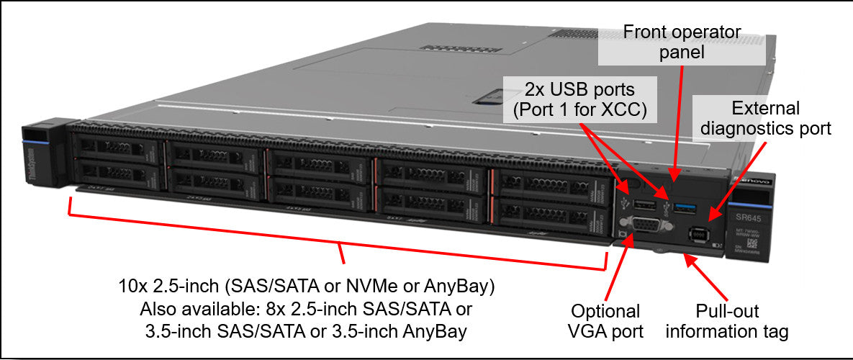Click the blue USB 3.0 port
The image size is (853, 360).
(686, 209)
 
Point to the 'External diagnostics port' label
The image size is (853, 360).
(765, 119)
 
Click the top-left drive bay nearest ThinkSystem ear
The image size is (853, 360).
(117, 147)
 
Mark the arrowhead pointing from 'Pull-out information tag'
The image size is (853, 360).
(686, 256)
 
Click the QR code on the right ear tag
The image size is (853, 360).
(760, 243)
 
